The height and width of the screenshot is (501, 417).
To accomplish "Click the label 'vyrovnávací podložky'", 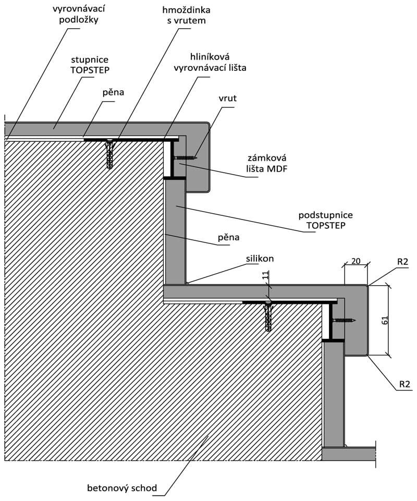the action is tap(79, 15).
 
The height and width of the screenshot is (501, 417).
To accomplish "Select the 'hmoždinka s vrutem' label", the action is tap(186, 15).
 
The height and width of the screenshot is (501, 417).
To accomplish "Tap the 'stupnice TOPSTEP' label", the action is tap(90, 65).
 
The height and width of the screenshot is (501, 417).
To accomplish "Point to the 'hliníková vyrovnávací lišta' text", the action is tap(210, 63).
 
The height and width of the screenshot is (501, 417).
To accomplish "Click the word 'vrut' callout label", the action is tap(227, 98).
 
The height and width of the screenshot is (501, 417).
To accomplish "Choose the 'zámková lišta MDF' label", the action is tap(266, 163).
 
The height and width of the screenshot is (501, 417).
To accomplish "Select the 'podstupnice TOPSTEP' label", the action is tap(326, 220).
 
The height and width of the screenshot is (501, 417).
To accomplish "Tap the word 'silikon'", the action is tap(260, 258).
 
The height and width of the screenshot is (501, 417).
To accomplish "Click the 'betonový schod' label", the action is tap(122, 488).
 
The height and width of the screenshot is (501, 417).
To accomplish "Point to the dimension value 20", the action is tap(355, 261).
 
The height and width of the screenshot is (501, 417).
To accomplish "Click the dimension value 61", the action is tap(385, 320).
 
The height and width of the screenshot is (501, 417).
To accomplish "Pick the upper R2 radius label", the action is tap(403, 262).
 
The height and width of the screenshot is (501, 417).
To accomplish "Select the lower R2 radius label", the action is tap(404, 384).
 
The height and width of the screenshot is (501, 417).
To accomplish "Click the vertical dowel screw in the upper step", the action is tap(109, 154).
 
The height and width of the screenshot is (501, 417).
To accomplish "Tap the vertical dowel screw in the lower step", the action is tap(268, 316).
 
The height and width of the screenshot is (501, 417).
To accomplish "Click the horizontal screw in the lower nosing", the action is tap(344, 320).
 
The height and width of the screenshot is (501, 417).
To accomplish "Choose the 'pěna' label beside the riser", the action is tap(228, 237).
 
